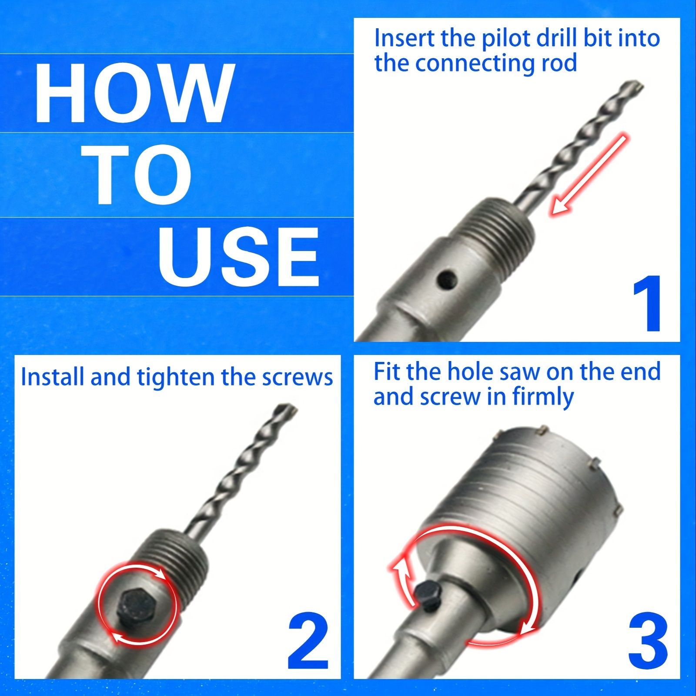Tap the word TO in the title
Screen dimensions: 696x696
[x=141, y=174]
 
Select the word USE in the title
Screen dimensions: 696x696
[x=238, y=256]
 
